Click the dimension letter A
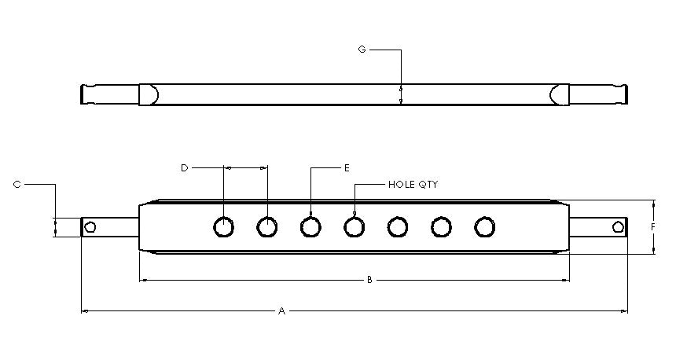pos(281,311)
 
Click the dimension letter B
pos(369,280)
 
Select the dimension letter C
pos(17,185)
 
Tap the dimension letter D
pos(185,167)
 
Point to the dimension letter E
pos(347,167)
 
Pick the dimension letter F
pos(653,227)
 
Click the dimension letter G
pos(362,50)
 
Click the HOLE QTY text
pos(413,185)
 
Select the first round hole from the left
pos(224,227)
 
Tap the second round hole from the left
pos(267,227)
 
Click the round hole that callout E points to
pos(311,227)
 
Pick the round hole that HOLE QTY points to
pos(355,227)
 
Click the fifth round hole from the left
pos(398,227)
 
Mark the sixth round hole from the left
pos(442,227)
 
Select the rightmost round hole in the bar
pos(486,227)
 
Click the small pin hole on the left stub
pos(90,227)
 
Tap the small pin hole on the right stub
pos(618,227)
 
